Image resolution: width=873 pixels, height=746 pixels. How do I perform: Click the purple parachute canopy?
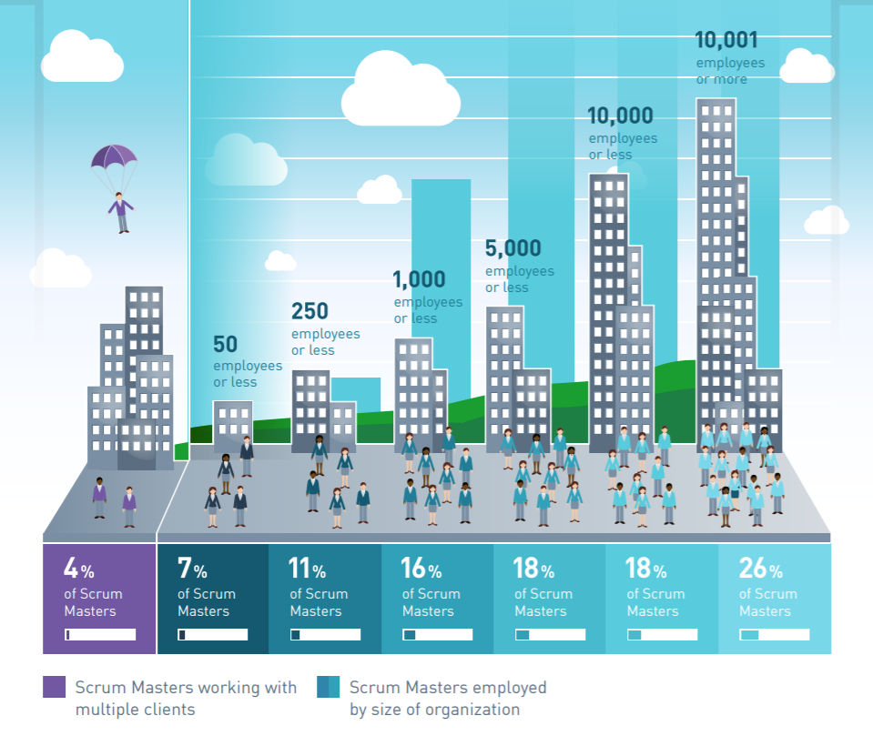(114, 156)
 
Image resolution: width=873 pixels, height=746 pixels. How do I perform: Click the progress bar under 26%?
(775, 634)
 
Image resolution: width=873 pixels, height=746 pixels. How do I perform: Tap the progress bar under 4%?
(100, 634)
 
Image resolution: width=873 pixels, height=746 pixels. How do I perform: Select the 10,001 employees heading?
(726, 40)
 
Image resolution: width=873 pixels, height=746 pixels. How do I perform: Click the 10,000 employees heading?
(621, 116)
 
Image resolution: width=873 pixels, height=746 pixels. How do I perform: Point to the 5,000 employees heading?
(513, 248)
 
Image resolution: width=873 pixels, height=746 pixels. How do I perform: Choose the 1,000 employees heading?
(420, 278)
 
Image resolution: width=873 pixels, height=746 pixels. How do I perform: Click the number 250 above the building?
(310, 311)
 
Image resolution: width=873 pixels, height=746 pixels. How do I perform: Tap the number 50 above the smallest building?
(225, 344)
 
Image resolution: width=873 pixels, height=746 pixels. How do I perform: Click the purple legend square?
(55, 688)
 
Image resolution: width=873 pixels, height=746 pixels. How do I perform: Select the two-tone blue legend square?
(329, 688)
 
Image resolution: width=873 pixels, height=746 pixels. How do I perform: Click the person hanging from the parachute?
(121, 212)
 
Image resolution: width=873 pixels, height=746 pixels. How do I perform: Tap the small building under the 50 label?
(232, 424)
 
